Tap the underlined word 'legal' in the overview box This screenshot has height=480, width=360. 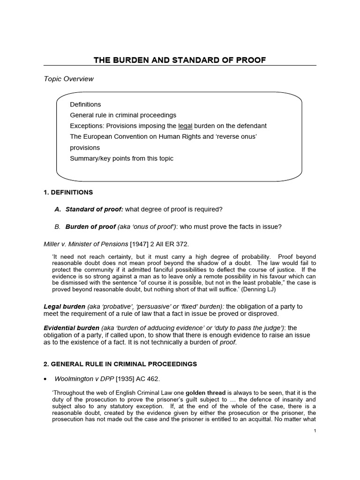185,126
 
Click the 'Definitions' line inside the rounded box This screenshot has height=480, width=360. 85,104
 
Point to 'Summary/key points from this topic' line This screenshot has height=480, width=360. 121,158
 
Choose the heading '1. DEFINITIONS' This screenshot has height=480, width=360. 68,192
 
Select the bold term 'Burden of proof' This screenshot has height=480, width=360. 90,227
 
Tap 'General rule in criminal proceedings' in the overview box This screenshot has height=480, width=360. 123,115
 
